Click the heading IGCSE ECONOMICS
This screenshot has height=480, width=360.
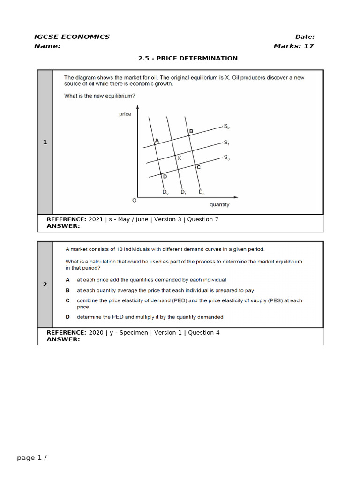click(72, 37)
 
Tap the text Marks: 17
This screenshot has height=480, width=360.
click(293, 46)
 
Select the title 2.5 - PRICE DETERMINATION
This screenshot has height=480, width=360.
click(187, 58)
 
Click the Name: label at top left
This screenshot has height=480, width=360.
click(47, 46)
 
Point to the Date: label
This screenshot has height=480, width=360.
click(305, 37)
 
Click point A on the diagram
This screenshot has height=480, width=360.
click(157, 140)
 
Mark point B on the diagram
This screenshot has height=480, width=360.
click(191, 131)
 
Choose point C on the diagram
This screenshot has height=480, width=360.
click(198, 167)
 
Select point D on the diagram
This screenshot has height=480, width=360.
click(165, 176)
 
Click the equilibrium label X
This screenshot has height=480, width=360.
click(179, 158)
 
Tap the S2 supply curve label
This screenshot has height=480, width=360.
click(226, 127)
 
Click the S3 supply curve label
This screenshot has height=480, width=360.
click(226, 157)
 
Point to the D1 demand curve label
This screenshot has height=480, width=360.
click(184, 192)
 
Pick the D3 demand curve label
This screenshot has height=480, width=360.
click(202, 192)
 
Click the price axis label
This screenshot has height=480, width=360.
click(125, 114)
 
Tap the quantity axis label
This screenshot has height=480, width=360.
click(219, 204)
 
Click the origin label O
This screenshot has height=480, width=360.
click(135, 200)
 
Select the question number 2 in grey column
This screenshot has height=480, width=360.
click(45, 284)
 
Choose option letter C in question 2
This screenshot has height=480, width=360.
click(68, 300)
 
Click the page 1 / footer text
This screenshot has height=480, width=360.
click(32, 458)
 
